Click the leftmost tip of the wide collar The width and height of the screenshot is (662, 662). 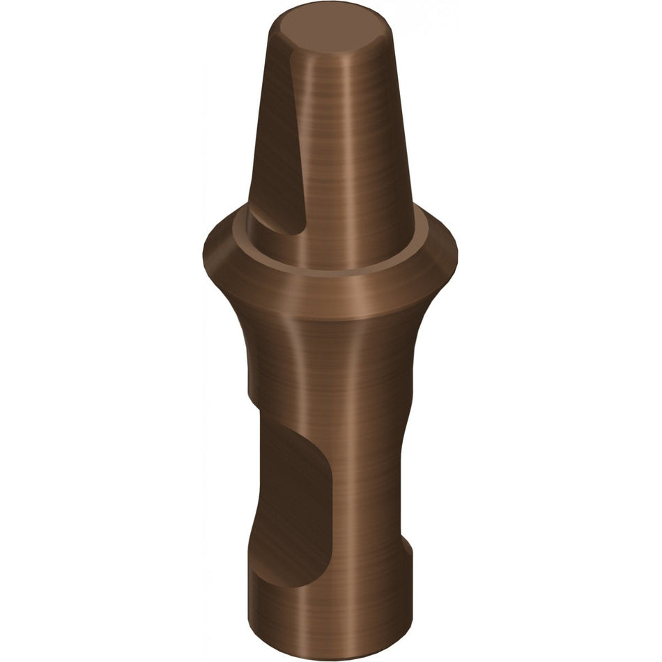(203, 247)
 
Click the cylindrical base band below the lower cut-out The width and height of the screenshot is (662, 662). (328, 617)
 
